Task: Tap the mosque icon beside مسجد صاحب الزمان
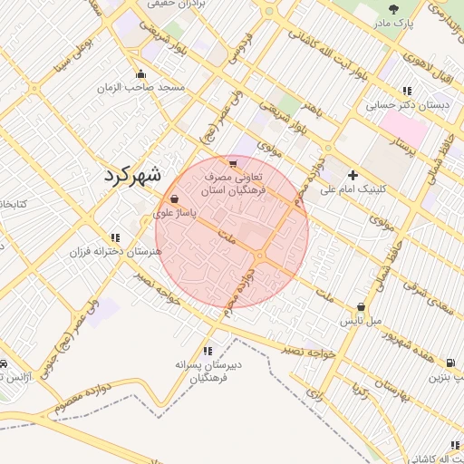140,74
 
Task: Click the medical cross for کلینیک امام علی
353,174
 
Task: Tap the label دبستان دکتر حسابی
407,105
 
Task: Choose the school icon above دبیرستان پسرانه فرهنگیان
208,350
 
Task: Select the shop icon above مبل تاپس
362,307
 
